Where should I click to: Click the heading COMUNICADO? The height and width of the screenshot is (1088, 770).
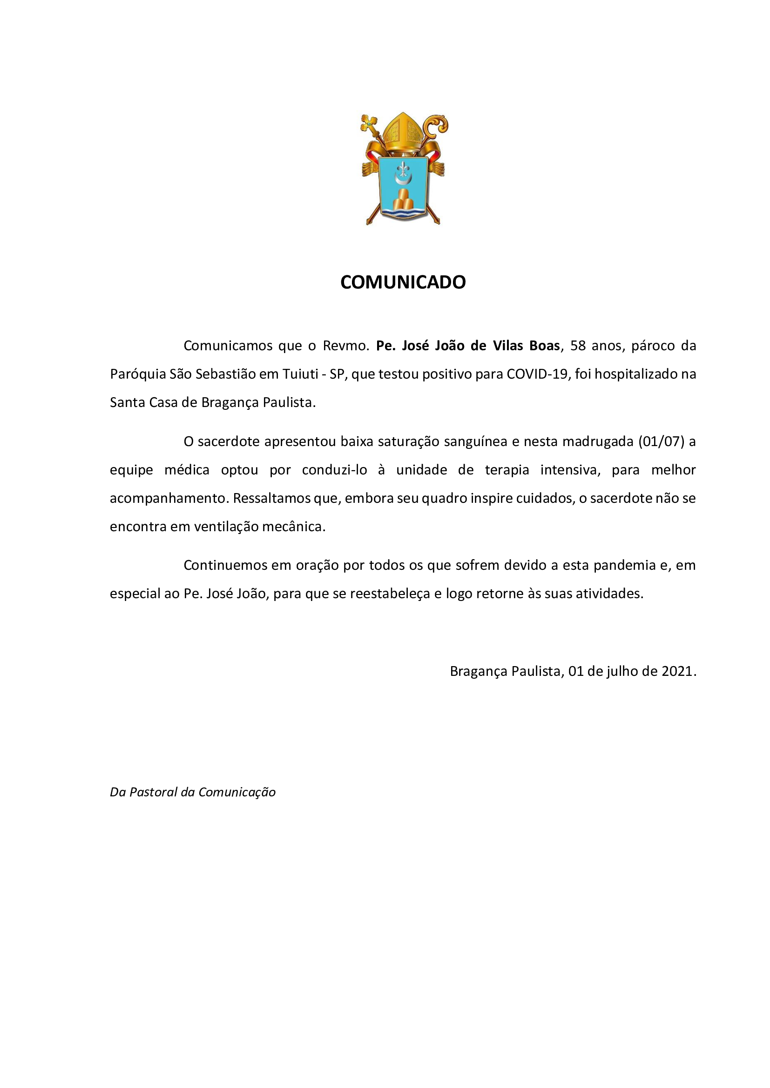click(x=403, y=282)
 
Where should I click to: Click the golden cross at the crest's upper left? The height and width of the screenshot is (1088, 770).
click(x=369, y=125)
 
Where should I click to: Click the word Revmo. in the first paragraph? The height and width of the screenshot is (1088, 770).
click(x=345, y=346)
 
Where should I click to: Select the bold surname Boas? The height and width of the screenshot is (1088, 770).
click(x=545, y=346)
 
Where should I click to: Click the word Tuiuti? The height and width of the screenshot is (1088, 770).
click(x=300, y=374)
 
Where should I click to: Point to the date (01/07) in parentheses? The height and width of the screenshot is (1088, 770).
click(x=662, y=441)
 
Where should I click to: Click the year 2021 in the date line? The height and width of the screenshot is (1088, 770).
click(x=677, y=672)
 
